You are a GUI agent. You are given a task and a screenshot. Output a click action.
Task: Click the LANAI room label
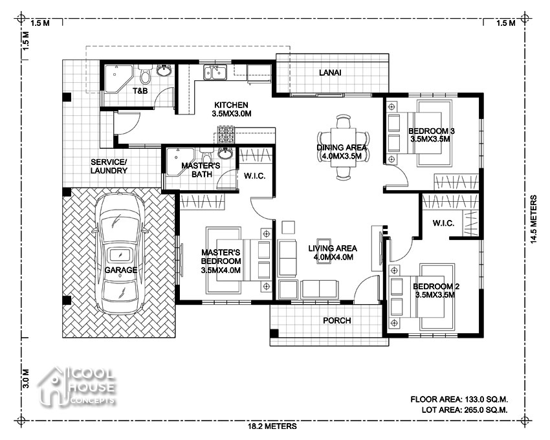pos(330,72)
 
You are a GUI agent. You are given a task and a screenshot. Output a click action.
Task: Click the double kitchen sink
pos(215,72)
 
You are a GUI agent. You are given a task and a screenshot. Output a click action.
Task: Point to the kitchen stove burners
pos(226,135)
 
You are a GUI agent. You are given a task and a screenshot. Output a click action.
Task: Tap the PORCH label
pos(336,320)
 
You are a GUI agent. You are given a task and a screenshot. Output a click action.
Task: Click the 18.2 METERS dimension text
pos(272,426)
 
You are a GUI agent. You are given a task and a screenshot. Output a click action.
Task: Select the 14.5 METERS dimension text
pos(533,219)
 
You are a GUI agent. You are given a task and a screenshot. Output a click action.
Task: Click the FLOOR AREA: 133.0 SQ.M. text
pos(459,399)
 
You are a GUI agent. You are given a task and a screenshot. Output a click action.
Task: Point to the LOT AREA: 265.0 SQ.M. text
pos(465,410)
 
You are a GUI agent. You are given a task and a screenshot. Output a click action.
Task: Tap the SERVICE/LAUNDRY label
pos(109,166)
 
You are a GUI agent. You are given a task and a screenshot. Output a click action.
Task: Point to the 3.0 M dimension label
pos(26,379)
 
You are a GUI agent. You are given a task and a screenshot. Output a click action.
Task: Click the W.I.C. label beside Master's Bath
pos(255,176)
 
